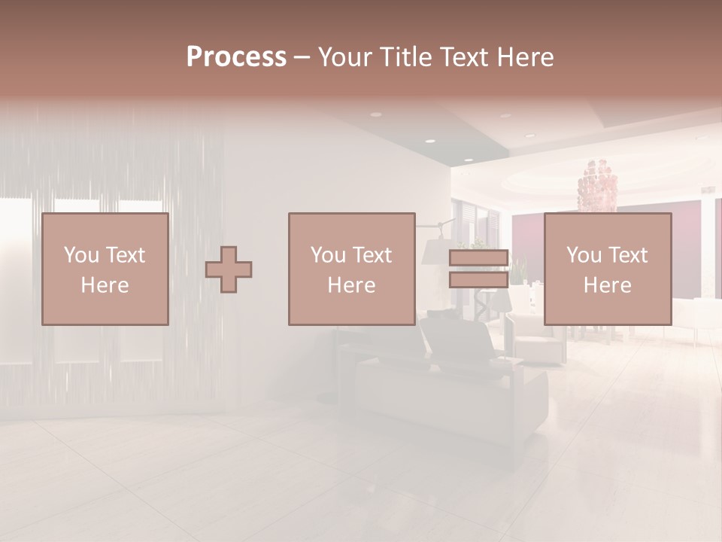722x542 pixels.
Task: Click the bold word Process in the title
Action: [236, 57]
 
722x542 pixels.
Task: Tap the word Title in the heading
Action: [407, 57]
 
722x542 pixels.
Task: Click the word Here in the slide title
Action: [528, 57]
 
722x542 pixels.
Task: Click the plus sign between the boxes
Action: [229, 269]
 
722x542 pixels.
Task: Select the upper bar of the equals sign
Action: [478, 258]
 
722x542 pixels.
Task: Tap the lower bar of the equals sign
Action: [478, 280]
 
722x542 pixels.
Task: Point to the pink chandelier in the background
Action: [598, 184]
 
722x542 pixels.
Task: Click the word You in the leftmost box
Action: [81, 255]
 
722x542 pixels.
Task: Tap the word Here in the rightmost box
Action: [608, 285]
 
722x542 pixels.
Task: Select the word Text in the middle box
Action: [372, 255]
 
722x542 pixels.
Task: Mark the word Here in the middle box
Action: [352, 285]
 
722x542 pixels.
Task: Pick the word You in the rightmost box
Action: [584, 255]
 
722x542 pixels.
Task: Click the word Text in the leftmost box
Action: [126, 255]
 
